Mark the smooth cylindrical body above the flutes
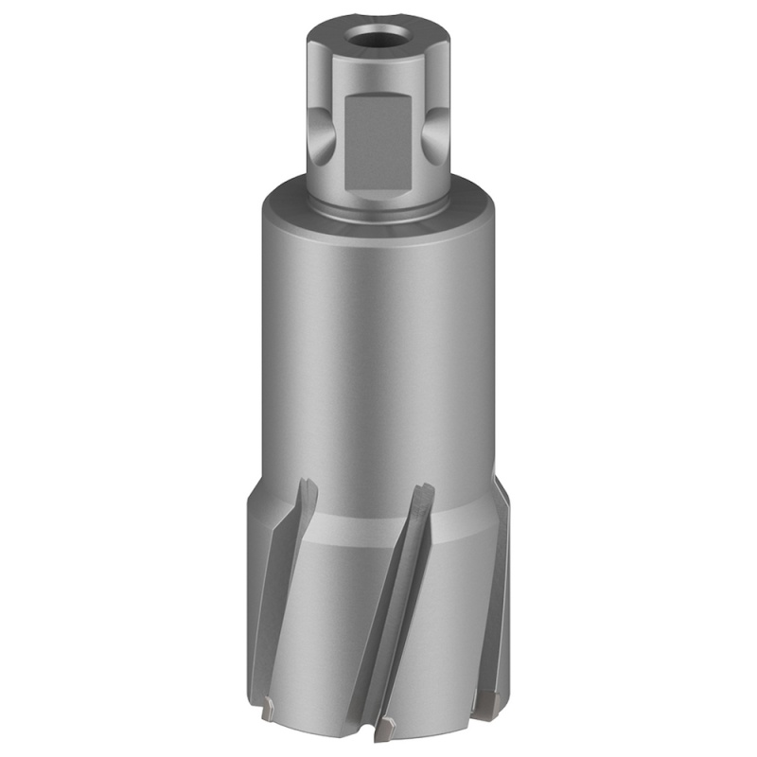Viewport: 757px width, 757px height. coord(378,360)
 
